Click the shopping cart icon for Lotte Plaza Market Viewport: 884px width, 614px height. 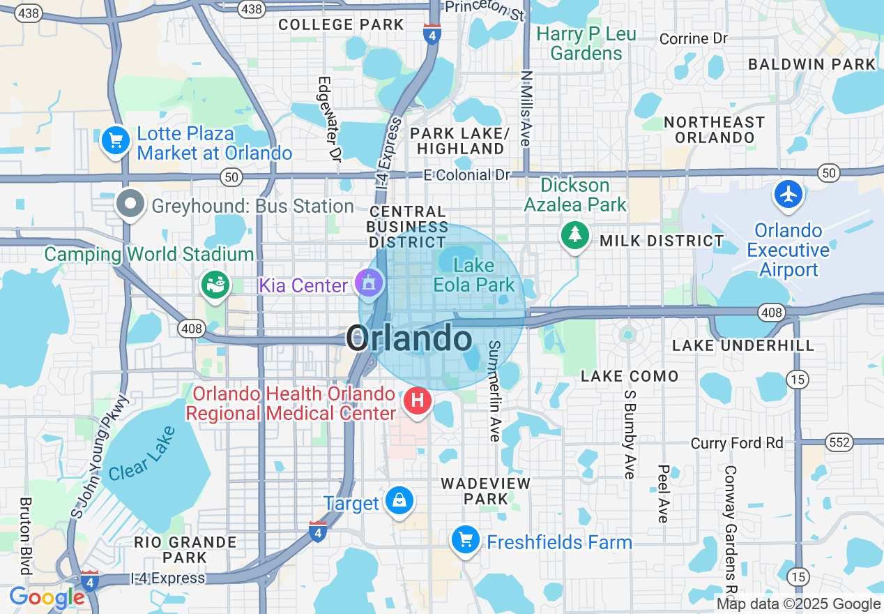(116, 142)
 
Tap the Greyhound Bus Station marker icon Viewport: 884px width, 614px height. (130, 205)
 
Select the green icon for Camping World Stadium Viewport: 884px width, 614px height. (215, 285)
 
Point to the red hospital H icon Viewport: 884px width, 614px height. (418, 401)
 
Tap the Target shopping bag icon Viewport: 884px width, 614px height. (399, 501)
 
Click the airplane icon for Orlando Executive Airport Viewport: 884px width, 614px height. (788, 194)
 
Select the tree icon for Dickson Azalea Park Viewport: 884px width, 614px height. (575, 235)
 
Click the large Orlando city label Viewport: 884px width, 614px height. (409, 339)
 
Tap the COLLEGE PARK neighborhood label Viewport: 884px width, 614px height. (341, 25)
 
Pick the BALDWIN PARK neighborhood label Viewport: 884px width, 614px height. (811, 64)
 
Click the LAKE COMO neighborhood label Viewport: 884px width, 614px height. (630, 376)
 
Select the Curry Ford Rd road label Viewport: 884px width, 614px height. (737, 443)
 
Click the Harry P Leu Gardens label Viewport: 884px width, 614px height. (586, 43)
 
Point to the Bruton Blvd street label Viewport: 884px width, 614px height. (26, 535)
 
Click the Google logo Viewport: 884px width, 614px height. (47, 598)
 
